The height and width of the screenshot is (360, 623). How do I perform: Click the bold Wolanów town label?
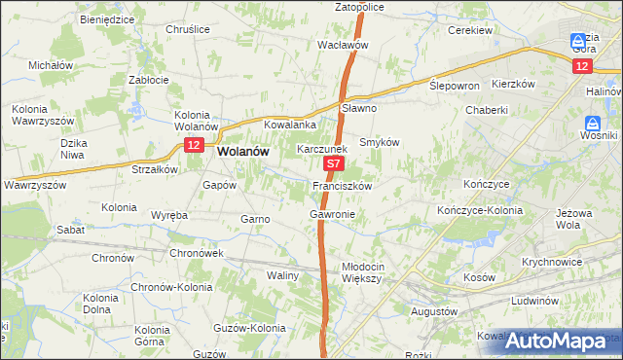point(244,152)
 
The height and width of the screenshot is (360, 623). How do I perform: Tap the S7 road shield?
point(333,166)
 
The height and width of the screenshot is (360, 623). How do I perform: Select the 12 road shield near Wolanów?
point(194,145)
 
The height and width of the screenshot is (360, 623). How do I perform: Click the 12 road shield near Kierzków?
point(581,65)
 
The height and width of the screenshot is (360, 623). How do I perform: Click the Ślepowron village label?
point(456,86)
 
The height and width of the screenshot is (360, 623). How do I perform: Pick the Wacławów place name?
point(343,45)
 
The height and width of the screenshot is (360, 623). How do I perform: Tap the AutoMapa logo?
point(559,341)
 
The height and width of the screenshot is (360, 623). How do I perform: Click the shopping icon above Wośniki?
point(592,125)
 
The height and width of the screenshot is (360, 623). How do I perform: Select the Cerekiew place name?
point(473,30)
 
